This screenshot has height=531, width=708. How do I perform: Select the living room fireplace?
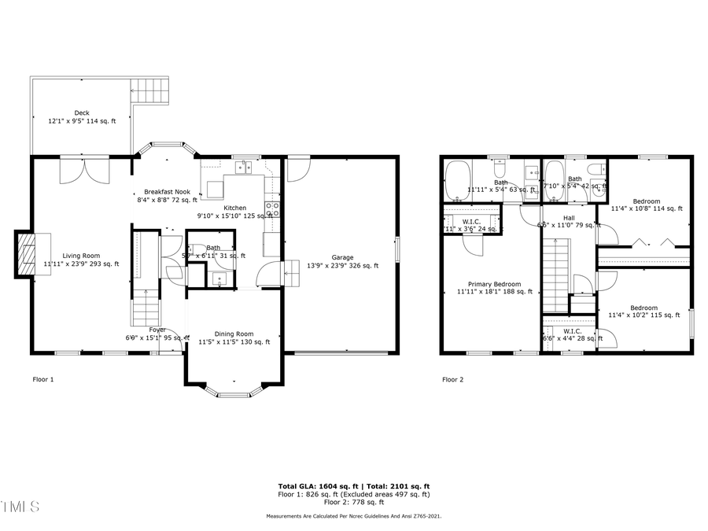[26, 254]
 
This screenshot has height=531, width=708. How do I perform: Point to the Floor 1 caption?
[43, 379]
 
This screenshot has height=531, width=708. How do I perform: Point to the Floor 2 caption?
[452, 379]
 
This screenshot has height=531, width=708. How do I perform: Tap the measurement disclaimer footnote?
[353, 516]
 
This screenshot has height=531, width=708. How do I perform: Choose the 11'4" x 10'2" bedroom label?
[643, 312]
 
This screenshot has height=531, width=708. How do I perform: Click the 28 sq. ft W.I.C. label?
[572, 334]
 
